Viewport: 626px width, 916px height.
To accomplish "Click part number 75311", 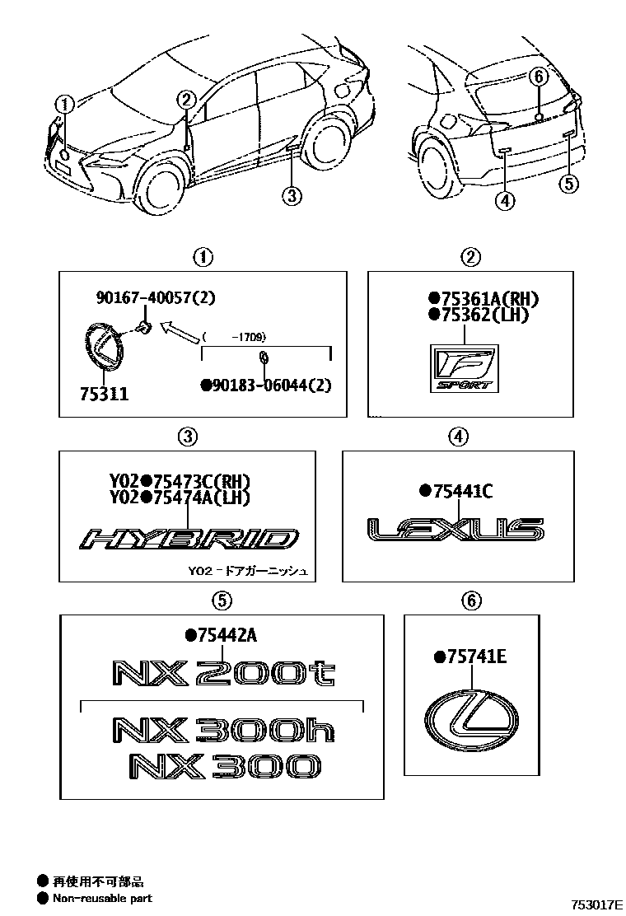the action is click(105, 395).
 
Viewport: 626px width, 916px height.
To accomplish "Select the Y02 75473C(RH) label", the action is click(179, 482).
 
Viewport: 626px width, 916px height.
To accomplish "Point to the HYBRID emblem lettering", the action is click(188, 540).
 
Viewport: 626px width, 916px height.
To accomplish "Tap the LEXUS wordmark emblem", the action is click(455, 529).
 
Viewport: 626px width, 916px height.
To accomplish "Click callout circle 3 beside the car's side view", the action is click(289, 196).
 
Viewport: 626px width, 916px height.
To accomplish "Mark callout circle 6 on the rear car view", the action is click(537, 77).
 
